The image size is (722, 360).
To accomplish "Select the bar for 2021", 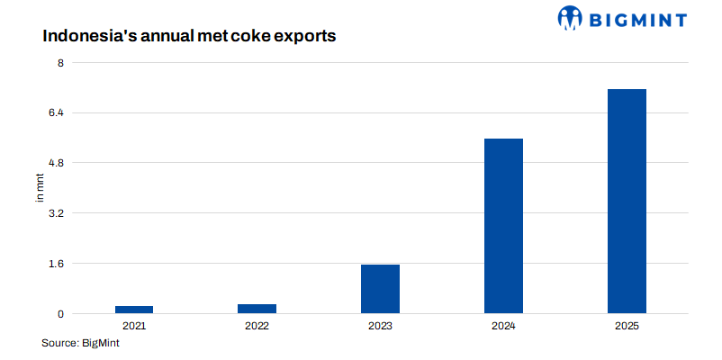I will (x=133, y=310).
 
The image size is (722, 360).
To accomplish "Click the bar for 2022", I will (x=257, y=309).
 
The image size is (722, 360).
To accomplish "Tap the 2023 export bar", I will (x=380, y=289).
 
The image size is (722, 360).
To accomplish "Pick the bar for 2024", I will (x=503, y=226).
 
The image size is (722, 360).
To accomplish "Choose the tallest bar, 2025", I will (x=627, y=201).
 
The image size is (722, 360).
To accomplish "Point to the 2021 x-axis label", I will (x=133, y=325).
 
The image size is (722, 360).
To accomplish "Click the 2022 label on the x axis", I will (x=257, y=325).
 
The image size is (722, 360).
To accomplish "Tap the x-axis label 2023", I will (x=380, y=325).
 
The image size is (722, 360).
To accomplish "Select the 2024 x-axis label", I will (x=503, y=325).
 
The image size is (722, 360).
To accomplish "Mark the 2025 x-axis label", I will (x=627, y=325).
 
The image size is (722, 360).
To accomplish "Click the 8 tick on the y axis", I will (x=60, y=62).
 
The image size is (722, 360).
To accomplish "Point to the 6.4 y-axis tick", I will (x=57, y=112).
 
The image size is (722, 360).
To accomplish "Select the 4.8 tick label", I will (x=57, y=163).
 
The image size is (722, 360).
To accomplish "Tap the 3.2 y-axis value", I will (x=57, y=213).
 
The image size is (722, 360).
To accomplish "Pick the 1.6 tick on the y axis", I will (x=57, y=264).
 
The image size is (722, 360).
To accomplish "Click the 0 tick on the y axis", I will (x=60, y=314).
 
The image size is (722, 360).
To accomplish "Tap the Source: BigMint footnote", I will (x=81, y=343).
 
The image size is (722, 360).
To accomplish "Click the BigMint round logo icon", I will (x=571, y=17).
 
